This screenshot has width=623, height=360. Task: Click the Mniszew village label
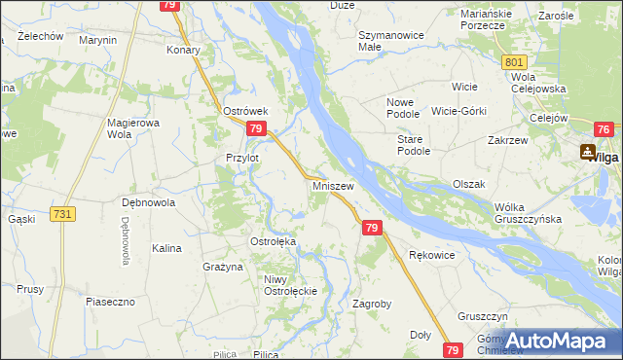[x=333, y=184]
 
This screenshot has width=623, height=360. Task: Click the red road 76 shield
[x=604, y=129]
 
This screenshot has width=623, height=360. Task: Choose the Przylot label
[x=242, y=158]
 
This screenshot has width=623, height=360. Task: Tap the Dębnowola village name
[x=147, y=203]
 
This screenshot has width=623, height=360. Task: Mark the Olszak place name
[x=468, y=184]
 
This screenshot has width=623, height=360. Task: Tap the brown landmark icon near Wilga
[x=587, y=152]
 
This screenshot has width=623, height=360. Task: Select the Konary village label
[x=184, y=50]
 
